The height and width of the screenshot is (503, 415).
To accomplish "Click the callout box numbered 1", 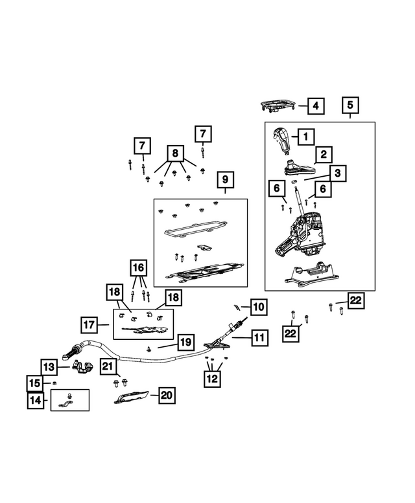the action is pos(306,137).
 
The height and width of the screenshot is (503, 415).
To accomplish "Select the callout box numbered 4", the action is pos(316,106).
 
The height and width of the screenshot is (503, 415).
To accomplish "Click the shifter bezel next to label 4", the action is pos(278,106).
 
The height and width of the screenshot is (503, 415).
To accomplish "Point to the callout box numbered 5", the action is pos(350,106).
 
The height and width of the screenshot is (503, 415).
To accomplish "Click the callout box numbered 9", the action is pos(225,180).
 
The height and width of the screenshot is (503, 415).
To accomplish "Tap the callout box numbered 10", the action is pos(259,307).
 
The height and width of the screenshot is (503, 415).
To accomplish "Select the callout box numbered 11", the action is pos(259,337).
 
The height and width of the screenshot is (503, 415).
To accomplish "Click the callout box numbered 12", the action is pos(212,379).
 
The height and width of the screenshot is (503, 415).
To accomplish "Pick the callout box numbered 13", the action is pos(49,367).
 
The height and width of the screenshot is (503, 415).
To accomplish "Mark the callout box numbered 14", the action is pos(36,400).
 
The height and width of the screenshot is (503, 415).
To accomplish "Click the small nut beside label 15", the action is pos(54,383).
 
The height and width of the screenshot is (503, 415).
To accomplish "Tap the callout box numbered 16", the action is pos(138,267).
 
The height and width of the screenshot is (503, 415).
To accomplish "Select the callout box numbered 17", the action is pos(89,325).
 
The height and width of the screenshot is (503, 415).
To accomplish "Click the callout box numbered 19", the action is pos(186,342).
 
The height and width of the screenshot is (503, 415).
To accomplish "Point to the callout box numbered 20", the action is pos(167,395).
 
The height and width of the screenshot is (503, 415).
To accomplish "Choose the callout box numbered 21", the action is pos(108,366).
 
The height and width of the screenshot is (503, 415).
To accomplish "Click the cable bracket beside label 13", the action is pos(82,367).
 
